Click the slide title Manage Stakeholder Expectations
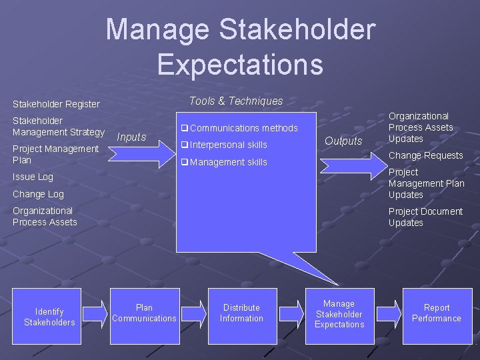(240, 47)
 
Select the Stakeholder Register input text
(56, 104)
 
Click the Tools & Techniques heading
(236, 101)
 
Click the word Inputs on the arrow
(131, 137)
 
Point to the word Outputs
(343, 141)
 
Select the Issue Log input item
(33, 177)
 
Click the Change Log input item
(38, 194)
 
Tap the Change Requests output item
(425, 155)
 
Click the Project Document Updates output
(425, 217)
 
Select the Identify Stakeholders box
(49, 317)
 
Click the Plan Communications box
(144, 313)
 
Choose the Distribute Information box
(241, 313)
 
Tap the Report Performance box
(436, 313)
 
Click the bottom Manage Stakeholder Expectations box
(339, 314)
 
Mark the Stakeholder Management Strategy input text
(58, 127)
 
